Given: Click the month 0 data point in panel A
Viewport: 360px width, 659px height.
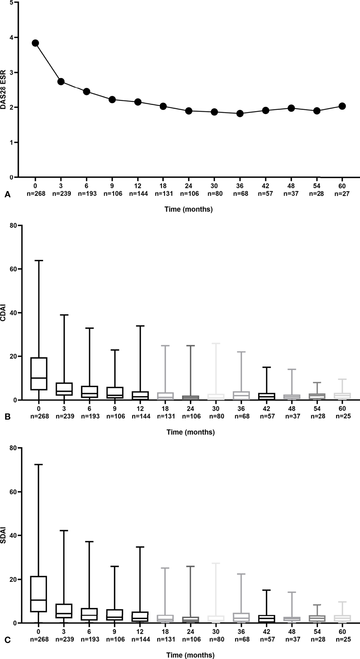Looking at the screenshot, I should (x=35, y=43).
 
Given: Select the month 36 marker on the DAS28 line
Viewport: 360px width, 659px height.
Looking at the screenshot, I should (x=240, y=113).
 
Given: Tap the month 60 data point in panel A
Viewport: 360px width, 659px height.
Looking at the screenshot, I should (x=342, y=106).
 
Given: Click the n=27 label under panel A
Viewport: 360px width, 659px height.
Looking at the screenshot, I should (x=342, y=194).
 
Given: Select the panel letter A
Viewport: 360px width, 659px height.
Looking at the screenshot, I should (x=8, y=195).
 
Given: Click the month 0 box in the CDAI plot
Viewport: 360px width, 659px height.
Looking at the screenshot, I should (x=40, y=374).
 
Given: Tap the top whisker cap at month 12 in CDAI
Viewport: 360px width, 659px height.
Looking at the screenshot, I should (x=140, y=326).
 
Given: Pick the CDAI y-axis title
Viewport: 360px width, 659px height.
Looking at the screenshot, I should (x=4, y=313).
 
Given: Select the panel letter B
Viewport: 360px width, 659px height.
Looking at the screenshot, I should (x=8, y=417).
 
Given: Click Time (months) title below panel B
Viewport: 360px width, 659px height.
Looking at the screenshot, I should (x=190, y=432).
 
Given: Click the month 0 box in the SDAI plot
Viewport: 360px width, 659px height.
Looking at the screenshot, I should (x=39, y=594).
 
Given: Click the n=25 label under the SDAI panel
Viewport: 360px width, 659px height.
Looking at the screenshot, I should (x=343, y=639).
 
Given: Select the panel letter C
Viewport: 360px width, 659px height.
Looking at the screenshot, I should (x=8, y=640).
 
